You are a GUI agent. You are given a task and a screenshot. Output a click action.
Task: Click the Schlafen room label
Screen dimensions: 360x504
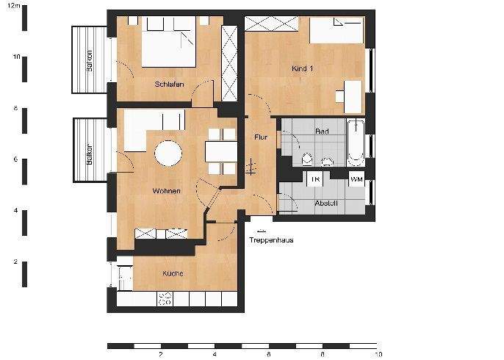coord(168,84)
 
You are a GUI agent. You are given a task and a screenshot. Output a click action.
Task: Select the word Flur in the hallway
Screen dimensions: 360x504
coord(260,137)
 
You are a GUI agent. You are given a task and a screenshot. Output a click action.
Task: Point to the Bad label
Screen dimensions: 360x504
coord(321,132)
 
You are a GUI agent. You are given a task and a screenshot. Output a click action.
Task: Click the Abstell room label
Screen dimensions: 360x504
coord(326,203)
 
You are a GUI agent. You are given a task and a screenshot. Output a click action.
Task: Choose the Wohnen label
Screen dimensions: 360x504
coord(166,191)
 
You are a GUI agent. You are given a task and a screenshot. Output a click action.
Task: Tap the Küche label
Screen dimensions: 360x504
coord(173,273)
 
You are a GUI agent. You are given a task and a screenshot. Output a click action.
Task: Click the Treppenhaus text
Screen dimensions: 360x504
coord(271,240)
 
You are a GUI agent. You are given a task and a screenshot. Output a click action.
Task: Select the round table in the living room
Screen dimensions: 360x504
coord(168,154)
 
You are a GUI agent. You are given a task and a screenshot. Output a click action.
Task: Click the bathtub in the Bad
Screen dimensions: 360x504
coord(356,142)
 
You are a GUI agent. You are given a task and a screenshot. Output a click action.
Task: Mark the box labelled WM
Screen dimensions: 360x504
coord(356,179)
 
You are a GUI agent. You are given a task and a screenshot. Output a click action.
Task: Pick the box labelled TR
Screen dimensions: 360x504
coord(315,179)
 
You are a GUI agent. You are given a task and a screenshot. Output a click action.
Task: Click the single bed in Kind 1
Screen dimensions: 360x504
coord(336,32)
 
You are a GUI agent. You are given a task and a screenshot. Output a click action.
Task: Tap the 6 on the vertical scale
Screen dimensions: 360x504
coord(16,159)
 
